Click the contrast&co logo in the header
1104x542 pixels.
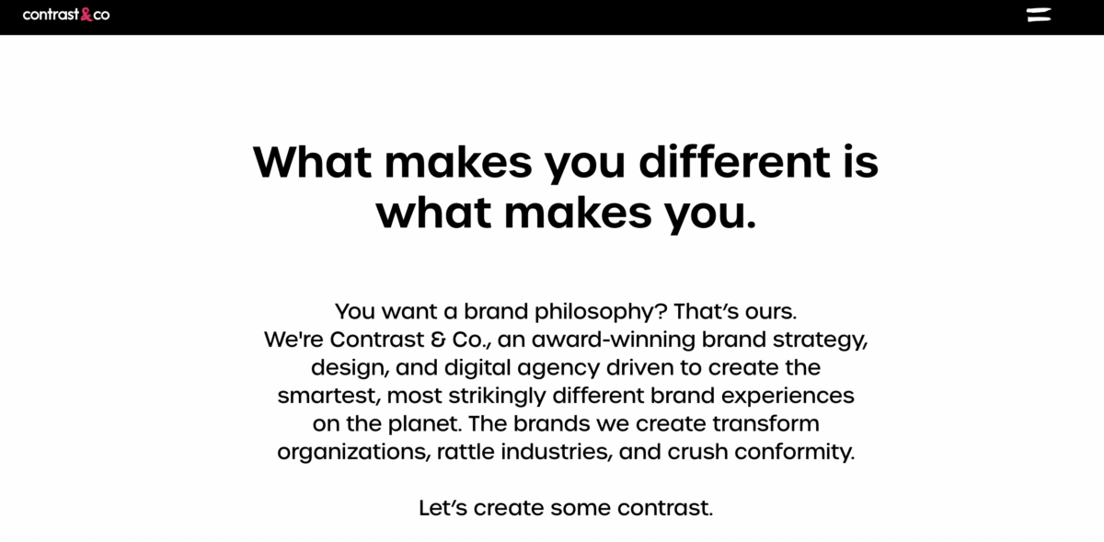pyautogui.click(x=65, y=15)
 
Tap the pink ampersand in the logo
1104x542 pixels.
pyautogui.click(x=86, y=15)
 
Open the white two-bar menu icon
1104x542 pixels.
pyautogui.click(x=1039, y=15)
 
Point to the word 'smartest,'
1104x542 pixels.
pyautogui.click(x=328, y=396)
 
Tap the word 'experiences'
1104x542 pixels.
pyautogui.click(x=787, y=396)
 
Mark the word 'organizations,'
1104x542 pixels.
pyautogui.click(x=353, y=453)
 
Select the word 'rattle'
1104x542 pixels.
pyautogui.click(x=464, y=452)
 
